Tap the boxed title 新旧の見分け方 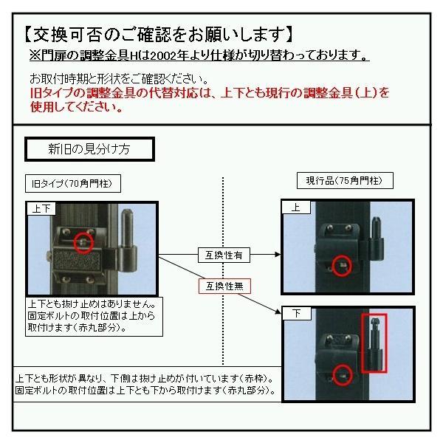pos(89,148)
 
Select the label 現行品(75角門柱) pos(339,181)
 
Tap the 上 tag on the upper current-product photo pos(295,208)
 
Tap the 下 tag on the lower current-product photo pos(295,315)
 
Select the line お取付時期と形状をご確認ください pos(119,78)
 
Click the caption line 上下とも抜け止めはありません pos(91,303)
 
